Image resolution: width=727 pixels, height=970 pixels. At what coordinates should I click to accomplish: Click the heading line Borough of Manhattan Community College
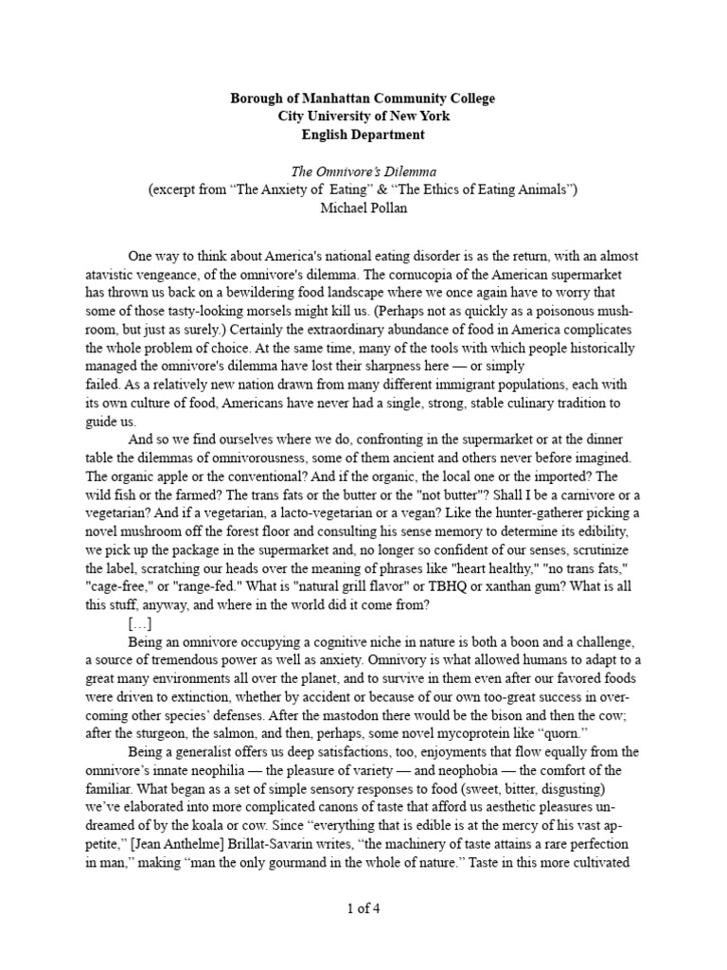[363, 99]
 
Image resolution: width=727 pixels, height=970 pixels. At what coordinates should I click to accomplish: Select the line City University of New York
[363, 117]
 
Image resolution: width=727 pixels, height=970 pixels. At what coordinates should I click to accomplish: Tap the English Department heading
[363, 135]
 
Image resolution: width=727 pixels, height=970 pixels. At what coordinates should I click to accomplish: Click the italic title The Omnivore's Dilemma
[363, 171]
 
